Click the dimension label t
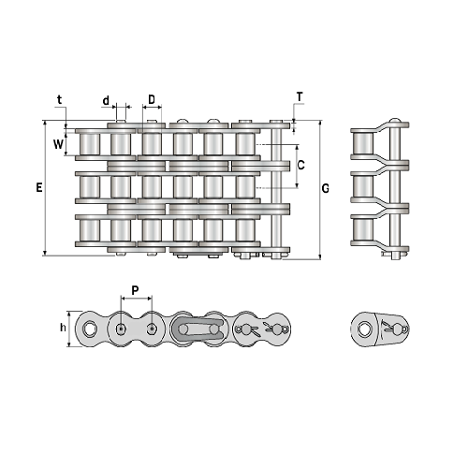(59, 100)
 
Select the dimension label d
(106, 101)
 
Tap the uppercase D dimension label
(152, 100)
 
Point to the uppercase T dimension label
(300, 97)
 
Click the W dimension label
(58, 144)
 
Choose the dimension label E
(39, 187)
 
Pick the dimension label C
(301, 165)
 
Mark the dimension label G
(326, 188)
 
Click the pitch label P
(135, 290)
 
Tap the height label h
(63, 328)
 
